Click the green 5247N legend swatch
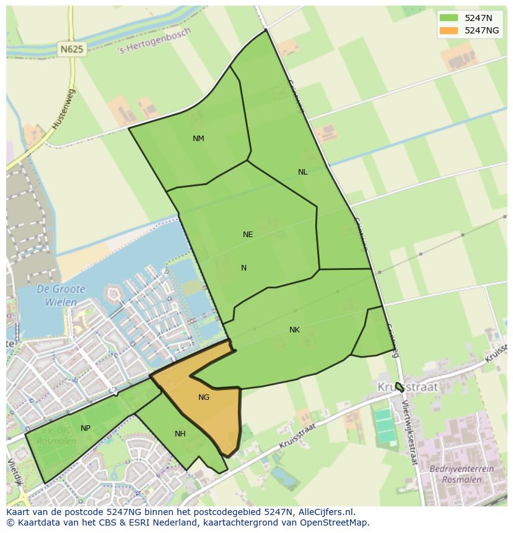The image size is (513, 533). click(x=449, y=18)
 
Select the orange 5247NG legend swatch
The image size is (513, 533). click(x=449, y=30)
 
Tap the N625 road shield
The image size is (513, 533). click(x=72, y=48)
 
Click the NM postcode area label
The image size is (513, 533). click(x=198, y=139)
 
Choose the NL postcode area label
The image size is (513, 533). click(x=302, y=172)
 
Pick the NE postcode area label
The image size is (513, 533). click(x=248, y=235)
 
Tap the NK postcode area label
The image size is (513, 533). click(x=294, y=330)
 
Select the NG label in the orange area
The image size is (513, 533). click(x=204, y=397)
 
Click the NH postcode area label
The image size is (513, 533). click(x=180, y=434)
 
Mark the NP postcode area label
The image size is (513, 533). click(x=85, y=428)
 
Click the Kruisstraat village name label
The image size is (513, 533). click(x=408, y=387)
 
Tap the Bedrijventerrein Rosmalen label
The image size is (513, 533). click(x=462, y=474)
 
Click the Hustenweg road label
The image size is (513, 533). click(x=63, y=109)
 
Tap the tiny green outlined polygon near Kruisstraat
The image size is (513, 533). click(x=400, y=388)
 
